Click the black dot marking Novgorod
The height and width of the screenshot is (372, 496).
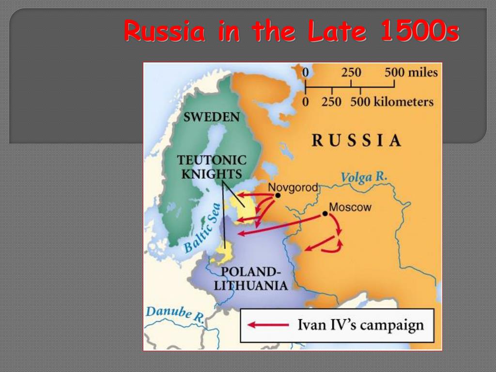click(278, 195)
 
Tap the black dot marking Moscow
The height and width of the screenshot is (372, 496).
click(325, 214)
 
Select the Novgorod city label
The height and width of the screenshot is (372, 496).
click(293, 187)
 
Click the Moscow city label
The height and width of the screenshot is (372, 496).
click(350, 207)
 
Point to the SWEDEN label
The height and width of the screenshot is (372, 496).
click(211, 117)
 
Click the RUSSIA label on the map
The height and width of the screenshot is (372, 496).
click(356, 140)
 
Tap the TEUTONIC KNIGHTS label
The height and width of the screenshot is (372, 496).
click(212, 167)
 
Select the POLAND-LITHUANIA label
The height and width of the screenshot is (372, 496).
click(251, 278)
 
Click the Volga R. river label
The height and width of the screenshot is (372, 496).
click(364, 177)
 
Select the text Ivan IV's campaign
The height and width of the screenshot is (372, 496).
click(360, 325)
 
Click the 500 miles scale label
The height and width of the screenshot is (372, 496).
click(411, 73)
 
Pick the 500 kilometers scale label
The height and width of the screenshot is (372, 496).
click(391, 102)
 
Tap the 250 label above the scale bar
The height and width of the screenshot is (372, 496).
click(351, 73)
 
